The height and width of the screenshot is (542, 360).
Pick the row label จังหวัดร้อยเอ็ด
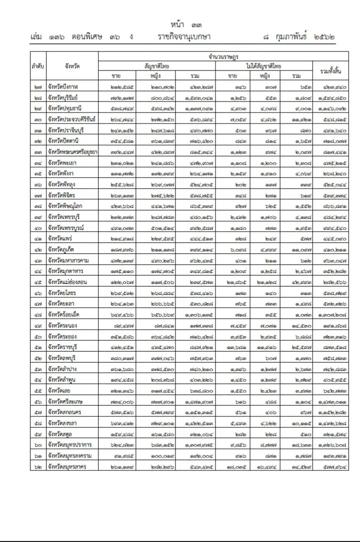tap(65, 314)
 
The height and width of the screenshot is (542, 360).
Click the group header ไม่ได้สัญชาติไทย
tap(263, 65)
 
